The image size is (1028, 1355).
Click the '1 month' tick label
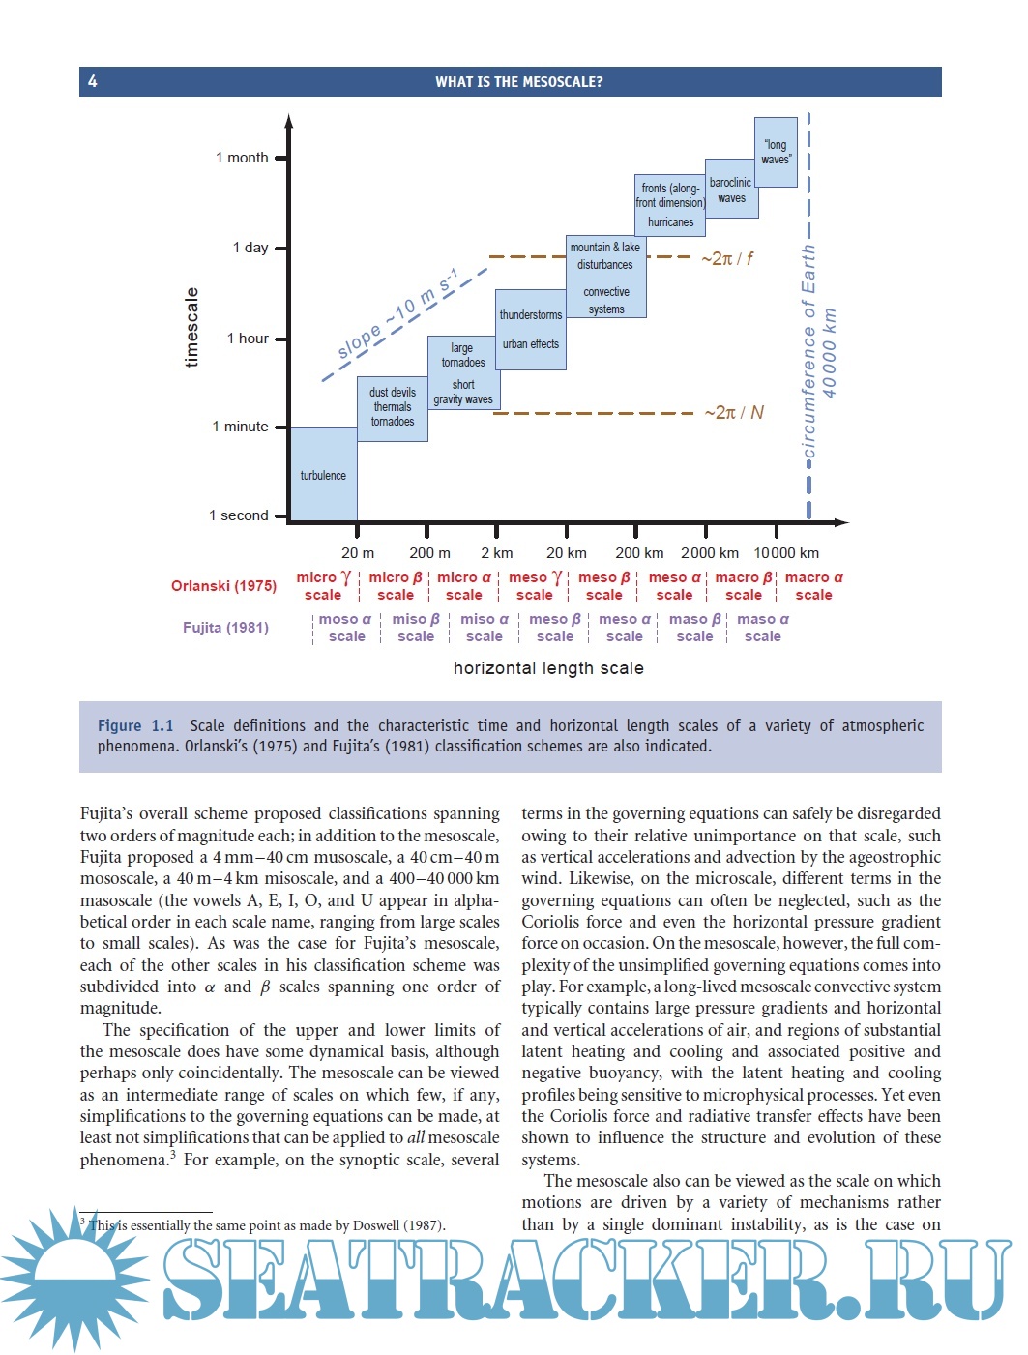[242, 158]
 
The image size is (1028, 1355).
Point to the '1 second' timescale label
[239, 515]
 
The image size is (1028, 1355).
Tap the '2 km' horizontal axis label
[497, 553]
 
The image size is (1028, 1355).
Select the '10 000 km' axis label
[786, 553]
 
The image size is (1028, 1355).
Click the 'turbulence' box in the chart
[323, 475]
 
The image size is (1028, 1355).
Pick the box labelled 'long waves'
[776, 152]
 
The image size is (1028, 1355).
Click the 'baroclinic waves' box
[731, 190]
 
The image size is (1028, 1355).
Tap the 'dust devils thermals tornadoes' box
[393, 407]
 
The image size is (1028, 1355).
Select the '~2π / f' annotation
[726, 258]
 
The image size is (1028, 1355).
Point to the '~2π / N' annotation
[733, 413]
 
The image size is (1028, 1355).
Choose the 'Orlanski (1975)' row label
[223, 585]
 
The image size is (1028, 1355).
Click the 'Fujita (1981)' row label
[225, 628]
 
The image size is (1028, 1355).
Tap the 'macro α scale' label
[813, 586]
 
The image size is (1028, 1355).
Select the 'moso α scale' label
[345, 628]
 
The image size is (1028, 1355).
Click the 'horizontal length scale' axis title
[548, 668]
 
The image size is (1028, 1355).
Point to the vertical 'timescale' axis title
[191, 327]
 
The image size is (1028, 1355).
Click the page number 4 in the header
[93, 81]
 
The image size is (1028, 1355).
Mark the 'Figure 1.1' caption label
[135, 725]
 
